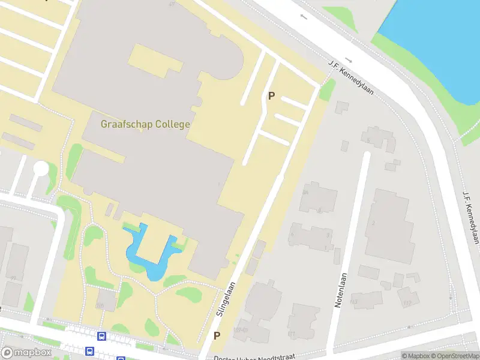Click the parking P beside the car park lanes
[x=271, y=95]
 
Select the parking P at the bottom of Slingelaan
[x=217, y=335]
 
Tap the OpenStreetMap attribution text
[x=453, y=356]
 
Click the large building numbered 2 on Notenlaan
[x=388, y=224]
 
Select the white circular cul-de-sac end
[x=41, y=169]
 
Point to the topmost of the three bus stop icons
[x=102, y=337]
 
